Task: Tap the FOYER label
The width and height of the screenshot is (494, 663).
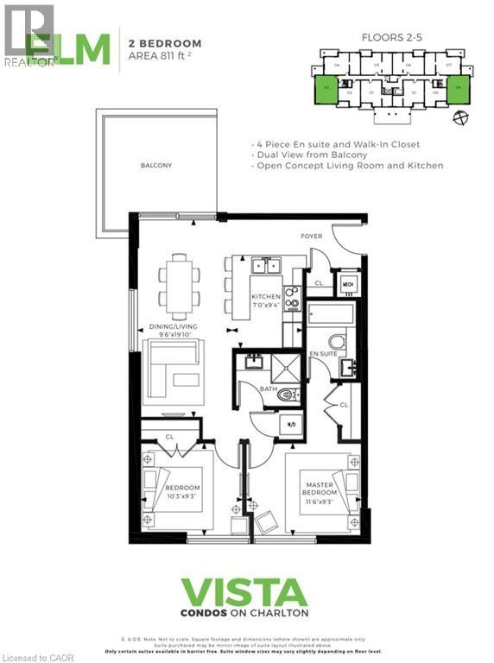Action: [311, 236]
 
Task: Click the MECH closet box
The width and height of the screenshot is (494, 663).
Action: [348, 283]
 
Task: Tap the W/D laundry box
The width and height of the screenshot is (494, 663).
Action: [291, 425]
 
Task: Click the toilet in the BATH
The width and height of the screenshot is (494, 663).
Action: [288, 395]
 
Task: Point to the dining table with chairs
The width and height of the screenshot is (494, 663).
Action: [179, 286]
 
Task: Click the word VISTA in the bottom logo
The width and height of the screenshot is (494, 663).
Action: [244, 594]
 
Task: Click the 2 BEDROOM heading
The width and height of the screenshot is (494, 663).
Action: [165, 42]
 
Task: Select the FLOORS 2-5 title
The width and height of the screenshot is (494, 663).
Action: [391, 38]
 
